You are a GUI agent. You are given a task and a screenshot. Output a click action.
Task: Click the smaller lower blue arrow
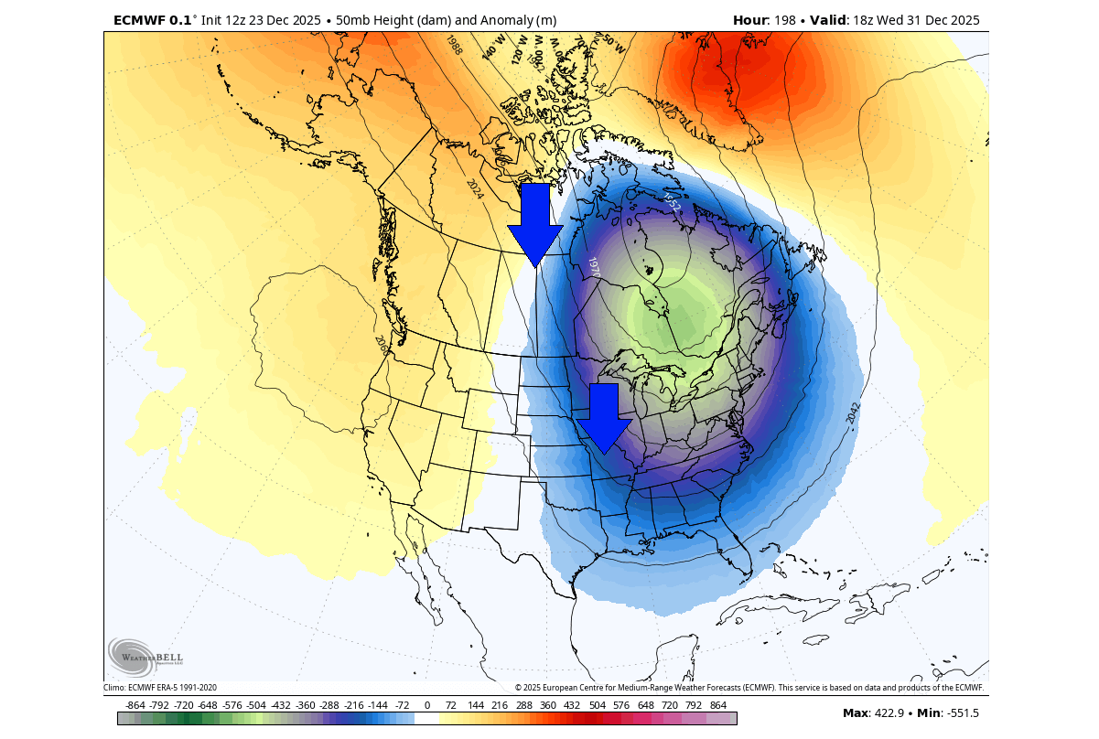(x=604, y=416)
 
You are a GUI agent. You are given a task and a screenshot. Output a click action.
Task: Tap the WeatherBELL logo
(x=146, y=656)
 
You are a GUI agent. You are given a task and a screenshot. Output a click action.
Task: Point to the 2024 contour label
(x=474, y=189)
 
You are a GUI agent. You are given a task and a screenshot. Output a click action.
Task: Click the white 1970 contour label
(x=594, y=267)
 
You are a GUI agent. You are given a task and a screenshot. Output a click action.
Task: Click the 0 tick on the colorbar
(x=427, y=705)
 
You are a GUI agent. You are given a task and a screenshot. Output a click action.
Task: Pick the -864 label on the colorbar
(x=135, y=705)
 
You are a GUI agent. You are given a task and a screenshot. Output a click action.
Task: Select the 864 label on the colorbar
(x=717, y=705)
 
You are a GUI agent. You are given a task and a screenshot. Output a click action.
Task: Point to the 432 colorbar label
(x=572, y=705)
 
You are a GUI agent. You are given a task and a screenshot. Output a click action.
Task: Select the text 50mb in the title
(x=353, y=20)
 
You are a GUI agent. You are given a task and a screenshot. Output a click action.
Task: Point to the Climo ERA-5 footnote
(x=160, y=688)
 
